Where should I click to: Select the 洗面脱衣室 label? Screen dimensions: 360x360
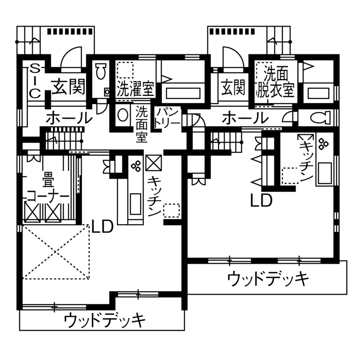[275, 82]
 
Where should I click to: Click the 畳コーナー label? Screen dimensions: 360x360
[48, 189]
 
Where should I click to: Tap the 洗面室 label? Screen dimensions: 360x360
[142, 124]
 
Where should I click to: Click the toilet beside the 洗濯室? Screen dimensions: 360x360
[101, 72]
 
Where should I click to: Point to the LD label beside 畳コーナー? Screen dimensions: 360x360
[102, 226]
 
